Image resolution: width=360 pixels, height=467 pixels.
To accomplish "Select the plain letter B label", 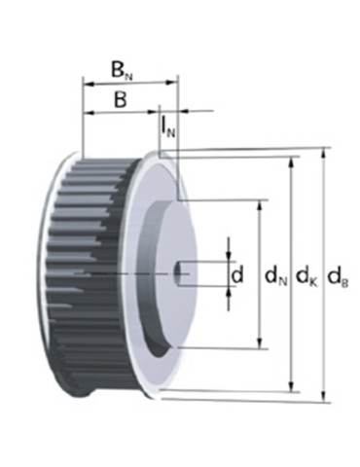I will point(120,98).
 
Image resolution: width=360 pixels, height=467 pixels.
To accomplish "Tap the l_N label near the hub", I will point(169,127).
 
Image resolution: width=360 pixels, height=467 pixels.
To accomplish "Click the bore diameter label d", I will point(237,275).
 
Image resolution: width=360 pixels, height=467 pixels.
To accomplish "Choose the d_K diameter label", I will point(306,277).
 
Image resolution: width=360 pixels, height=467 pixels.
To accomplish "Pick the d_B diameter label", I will point(338,277).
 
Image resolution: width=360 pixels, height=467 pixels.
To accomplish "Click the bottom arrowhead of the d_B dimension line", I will point(325,396).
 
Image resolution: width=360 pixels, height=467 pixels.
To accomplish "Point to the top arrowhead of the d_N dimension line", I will point(260,206).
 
